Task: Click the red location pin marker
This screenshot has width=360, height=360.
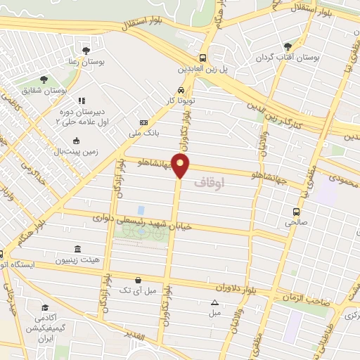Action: coord(181,167)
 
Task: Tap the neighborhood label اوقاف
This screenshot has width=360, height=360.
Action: coord(226,183)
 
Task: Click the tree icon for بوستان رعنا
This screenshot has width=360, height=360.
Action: coord(86,51)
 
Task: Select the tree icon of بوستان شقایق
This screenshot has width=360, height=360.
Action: coord(44,80)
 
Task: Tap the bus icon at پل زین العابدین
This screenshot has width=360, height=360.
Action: coord(202,58)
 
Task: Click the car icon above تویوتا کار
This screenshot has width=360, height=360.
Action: coord(181,91)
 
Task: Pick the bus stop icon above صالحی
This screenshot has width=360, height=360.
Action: coord(297,211)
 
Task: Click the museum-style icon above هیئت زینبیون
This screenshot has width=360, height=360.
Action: coord(77,250)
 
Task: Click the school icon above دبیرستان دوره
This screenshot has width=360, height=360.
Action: coord(82,101)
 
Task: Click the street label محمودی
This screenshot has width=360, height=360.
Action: coord(342,182)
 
